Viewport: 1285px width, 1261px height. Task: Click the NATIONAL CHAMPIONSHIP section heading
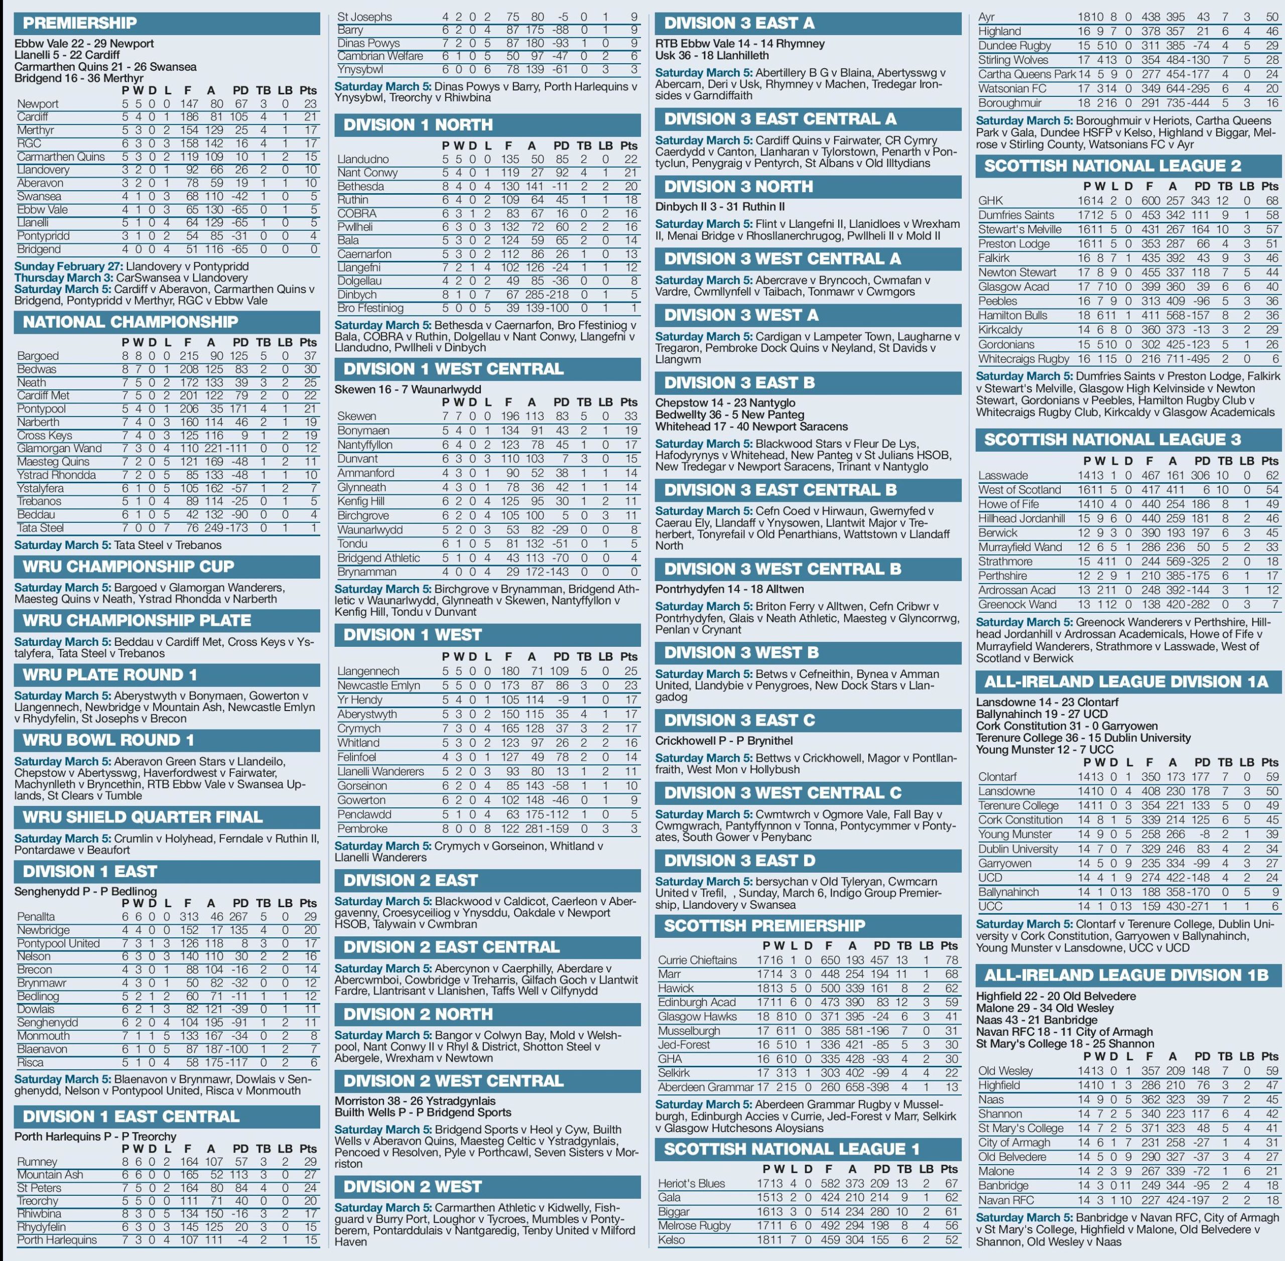pyautogui.click(x=131, y=323)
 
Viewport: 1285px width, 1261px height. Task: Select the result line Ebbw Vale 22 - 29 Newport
pyautogui.click(x=84, y=44)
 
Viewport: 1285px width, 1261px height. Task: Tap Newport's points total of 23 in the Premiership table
pyautogui.click(x=309, y=104)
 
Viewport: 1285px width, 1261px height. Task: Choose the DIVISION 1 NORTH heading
pyautogui.click(x=418, y=124)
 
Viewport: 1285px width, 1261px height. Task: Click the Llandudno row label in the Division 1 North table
pyautogui.click(x=363, y=160)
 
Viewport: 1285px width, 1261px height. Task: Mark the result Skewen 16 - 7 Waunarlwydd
pyautogui.click(x=408, y=389)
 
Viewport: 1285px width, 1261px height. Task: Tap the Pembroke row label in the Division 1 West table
pyautogui.click(x=362, y=828)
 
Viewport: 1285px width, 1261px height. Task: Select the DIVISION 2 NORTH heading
pyautogui.click(x=418, y=1014)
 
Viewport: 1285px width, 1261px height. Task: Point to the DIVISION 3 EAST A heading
pyautogui.click(x=739, y=23)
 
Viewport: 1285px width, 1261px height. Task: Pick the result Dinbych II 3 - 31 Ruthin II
pyautogui.click(x=720, y=207)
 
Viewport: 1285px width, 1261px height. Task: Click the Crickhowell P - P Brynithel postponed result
pyautogui.click(x=724, y=741)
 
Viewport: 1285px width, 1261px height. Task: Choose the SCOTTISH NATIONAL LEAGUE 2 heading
pyautogui.click(x=1112, y=166)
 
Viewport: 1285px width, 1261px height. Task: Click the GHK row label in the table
pyautogui.click(x=990, y=201)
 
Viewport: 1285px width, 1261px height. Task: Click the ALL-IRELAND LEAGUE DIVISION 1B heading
pyautogui.click(x=1126, y=975)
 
